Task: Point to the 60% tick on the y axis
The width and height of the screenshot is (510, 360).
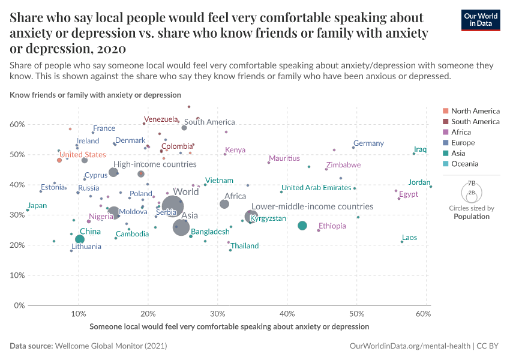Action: [16, 125]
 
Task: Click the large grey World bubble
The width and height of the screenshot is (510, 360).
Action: [172, 206]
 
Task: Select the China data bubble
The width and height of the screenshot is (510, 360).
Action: [80, 239]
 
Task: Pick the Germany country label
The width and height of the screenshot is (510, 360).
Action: [368, 143]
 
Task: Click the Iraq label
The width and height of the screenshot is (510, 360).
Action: [420, 149]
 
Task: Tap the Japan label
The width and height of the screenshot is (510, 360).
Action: [37, 205]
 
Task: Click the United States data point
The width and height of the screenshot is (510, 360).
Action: [59, 160]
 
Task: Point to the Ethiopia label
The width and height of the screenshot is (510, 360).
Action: [332, 226]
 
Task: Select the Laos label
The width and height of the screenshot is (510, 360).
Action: [409, 238]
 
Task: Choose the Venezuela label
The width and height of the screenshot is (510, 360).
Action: [161, 119]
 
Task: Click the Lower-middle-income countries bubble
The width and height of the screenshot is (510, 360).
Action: [251, 217]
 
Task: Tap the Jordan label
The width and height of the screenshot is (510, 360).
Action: [419, 182]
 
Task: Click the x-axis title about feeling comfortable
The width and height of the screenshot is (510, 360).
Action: [229, 326]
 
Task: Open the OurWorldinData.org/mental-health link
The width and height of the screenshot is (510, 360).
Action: [410, 346]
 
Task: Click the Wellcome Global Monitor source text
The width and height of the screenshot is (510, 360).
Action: [111, 346]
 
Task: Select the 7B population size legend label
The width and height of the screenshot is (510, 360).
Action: [471, 183]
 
